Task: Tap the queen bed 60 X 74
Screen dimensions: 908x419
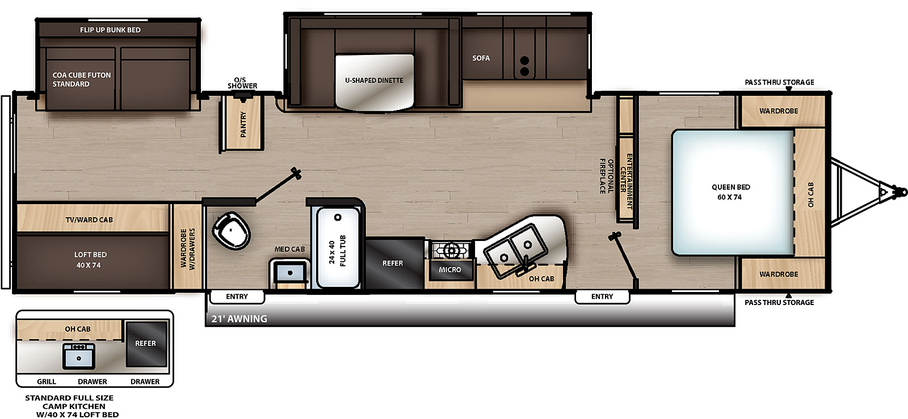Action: tap(732, 193)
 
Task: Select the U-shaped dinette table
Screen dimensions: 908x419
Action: tap(375, 83)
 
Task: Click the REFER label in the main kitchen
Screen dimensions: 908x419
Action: tap(393, 263)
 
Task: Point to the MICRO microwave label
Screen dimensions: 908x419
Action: tap(450, 270)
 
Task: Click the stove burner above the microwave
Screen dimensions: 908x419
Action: tap(451, 251)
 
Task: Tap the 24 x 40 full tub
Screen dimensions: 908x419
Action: tap(338, 247)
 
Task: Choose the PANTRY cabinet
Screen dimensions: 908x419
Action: tap(242, 122)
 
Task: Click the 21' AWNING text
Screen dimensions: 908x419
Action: tap(239, 319)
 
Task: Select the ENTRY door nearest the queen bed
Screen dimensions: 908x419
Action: tap(602, 297)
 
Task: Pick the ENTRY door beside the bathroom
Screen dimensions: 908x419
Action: tap(237, 297)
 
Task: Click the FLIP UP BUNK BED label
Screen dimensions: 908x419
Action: tap(110, 30)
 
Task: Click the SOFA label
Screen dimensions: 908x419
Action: tap(481, 58)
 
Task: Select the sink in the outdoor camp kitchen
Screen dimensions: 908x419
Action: tap(79, 357)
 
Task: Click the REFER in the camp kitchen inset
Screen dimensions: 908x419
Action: tap(146, 344)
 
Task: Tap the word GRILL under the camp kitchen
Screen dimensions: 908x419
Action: tap(47, 382)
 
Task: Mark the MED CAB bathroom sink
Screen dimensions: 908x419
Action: tap(290, 273)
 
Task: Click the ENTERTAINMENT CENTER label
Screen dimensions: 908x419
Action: tap(626, 180)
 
